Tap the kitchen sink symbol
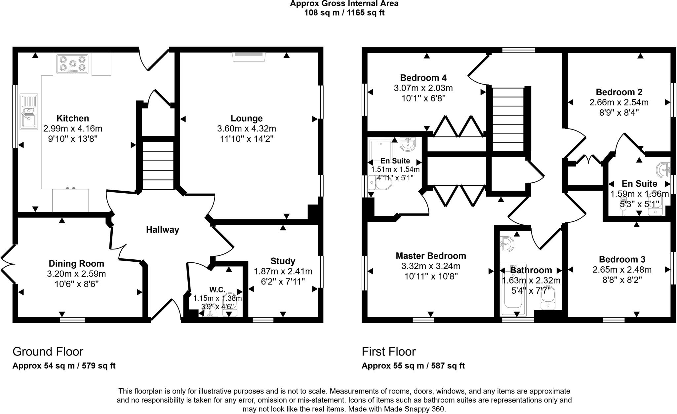point(29,112)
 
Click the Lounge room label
point(247,118)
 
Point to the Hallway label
point(163,230)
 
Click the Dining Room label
point(76,263)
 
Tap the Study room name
point(283,261)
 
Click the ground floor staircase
point(158,165)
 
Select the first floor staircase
point(508,119)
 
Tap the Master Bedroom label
point(431,256)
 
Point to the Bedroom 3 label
point(622,259)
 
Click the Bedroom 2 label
point(619,92)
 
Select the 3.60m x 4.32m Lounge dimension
point(247,129)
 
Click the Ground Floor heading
point(48,351)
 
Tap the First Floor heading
point(388,351)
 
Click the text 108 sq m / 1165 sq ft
point(344,13)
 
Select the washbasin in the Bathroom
point(507,244)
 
